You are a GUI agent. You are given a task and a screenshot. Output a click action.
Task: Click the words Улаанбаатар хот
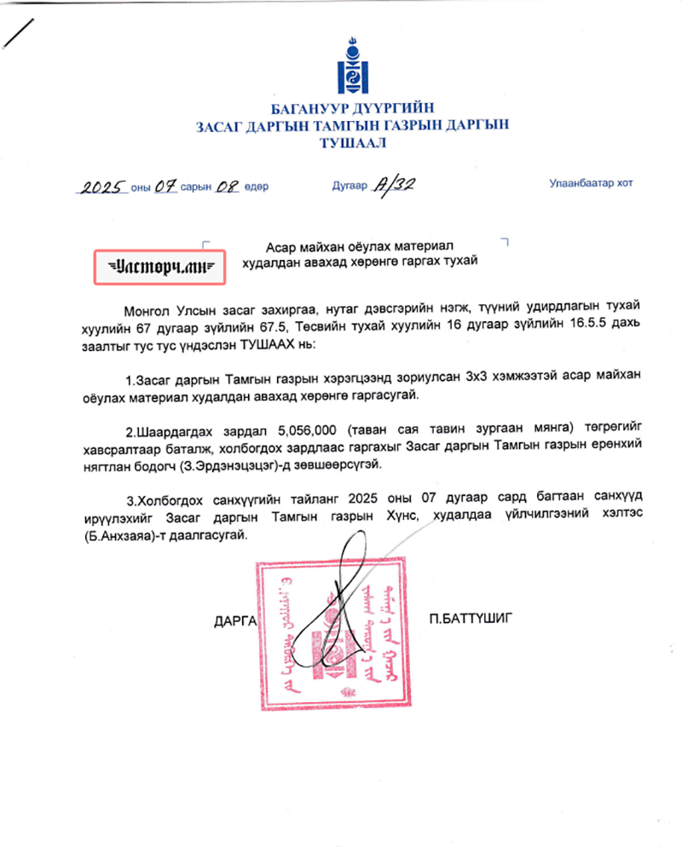coord(591,182)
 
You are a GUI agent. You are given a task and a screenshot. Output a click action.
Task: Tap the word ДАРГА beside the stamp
coord(234,620)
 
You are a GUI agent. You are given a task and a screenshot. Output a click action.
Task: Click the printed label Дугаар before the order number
coord(349,185)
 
